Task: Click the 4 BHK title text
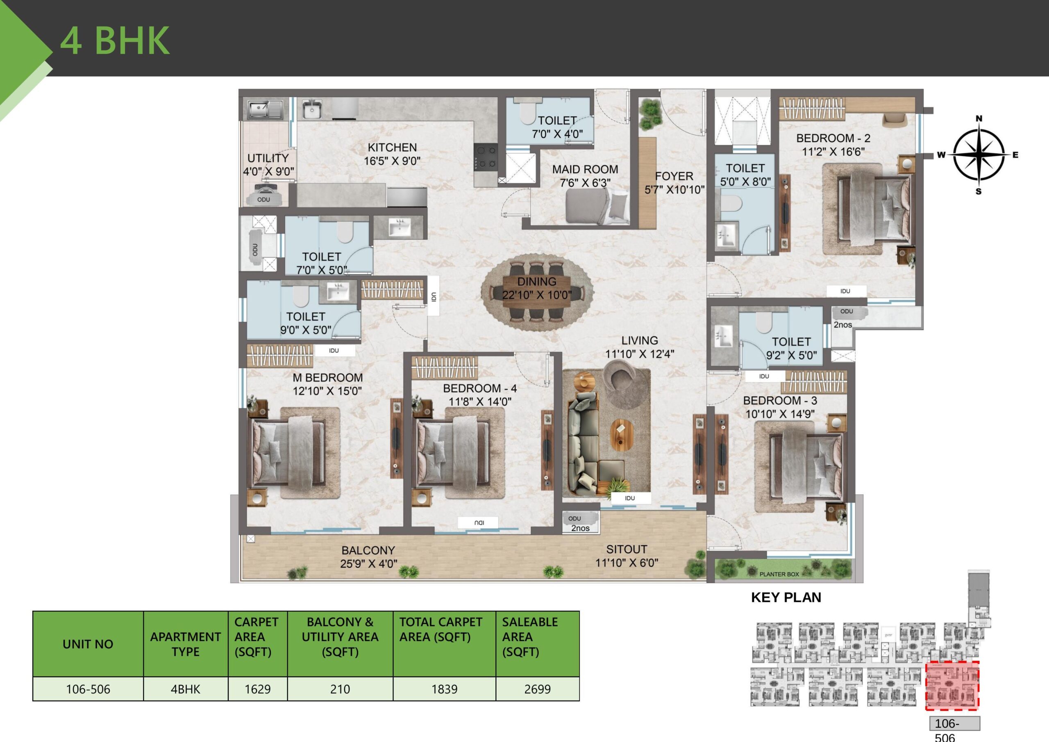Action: [115, 40]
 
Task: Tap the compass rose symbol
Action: [979, 154]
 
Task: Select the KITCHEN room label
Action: [392, 147]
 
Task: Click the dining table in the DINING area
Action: [537, 289]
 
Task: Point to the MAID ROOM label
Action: [585, 170]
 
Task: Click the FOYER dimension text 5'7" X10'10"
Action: [674, 190]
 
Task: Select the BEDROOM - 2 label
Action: [833, 138]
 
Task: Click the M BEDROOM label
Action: [327, 378]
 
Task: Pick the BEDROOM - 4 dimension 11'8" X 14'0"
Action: [480, 402]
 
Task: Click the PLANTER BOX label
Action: [779, 574]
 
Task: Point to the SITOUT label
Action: [627, 549]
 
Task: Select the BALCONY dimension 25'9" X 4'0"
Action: [368, 564]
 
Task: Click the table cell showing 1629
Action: [258, 689]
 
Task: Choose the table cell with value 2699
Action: [537, 689]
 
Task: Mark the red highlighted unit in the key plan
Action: [952, 685]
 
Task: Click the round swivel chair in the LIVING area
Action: [620, 374]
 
